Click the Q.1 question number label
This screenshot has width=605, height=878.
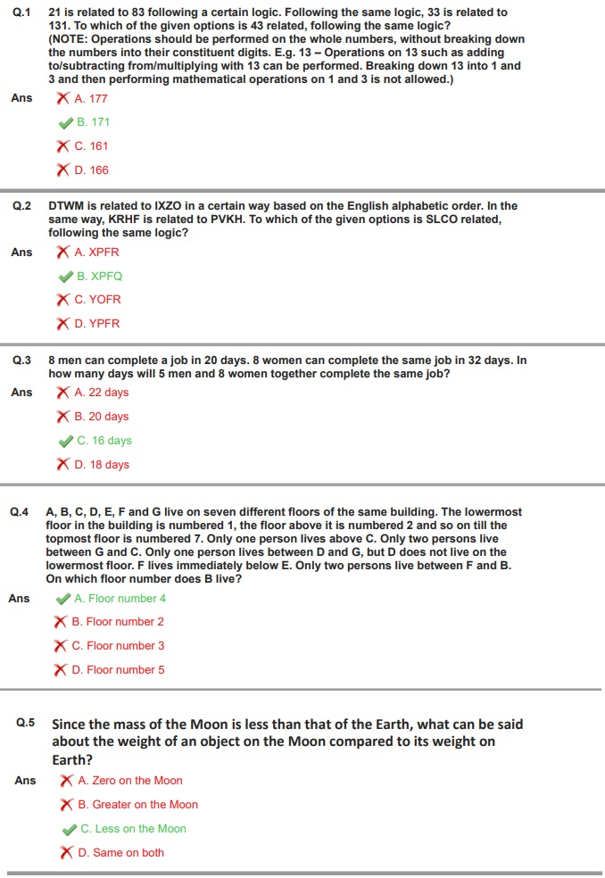(x=21, y=13)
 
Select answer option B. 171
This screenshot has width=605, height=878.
(x=93, y=122)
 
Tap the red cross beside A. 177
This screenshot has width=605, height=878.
(x=63, y=98)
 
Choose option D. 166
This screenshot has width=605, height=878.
(x=91, y=170)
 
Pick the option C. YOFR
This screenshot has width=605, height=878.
(x=97, y=300)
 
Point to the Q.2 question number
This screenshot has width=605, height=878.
(x=21, y=206)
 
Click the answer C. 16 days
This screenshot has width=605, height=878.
(x=104, y=441)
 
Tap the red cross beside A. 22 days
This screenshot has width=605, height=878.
(x=63, y=393)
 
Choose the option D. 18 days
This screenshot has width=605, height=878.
(x=102, y=465)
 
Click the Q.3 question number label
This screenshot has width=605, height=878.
(x=21, y=360)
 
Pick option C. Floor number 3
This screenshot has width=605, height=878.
(x=118, y=646)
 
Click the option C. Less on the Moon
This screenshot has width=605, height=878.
(x=133, y=829)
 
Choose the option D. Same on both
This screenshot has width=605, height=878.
(x=120, y=853)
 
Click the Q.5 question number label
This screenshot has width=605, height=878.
(x=25, y=724)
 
